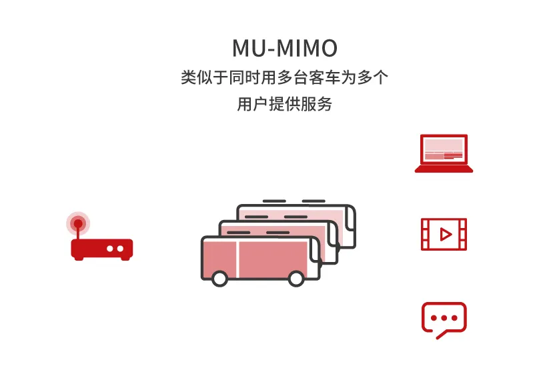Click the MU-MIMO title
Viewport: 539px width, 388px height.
click(x=284, y=49)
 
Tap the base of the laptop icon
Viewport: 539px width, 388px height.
click(x=444, y=169)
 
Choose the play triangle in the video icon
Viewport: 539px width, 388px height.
click(x=445, y=234)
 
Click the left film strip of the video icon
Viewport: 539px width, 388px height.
click(x=426, y=234)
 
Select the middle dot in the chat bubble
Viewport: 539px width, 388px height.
click(x=444, y=317)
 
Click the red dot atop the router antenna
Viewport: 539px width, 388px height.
click(x=78, y=223)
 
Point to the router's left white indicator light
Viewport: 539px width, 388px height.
click(x=110, y=249)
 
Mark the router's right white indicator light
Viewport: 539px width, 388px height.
click(x=121, y=249)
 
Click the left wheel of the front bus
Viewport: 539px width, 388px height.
click(x=219, y=279)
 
